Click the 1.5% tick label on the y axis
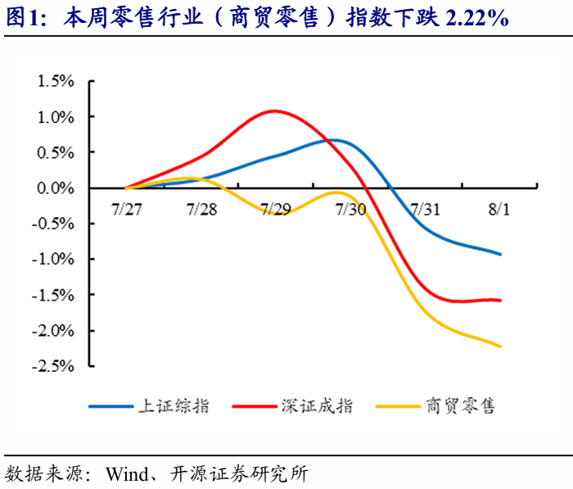pos(56,81)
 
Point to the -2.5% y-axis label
pos(53,366)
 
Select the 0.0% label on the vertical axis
pos(56,188)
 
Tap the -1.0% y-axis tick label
pos(53,260)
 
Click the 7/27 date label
pos(126,210)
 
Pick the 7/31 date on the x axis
pos(425,210)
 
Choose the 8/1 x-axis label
pos(499,210)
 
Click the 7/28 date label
pos(201,210)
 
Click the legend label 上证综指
pos(174,406)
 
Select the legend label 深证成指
pos(317,406)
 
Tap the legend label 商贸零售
pos(460,406)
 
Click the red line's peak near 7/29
pos(274,111)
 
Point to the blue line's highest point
pos(333,140)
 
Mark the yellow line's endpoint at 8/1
pos(500,346)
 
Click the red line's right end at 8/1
pos(500,301)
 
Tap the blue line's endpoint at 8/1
pos(500,254)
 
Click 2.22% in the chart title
pos(477,18)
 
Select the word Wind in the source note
pos(127,474)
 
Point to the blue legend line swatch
pos(111,406)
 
